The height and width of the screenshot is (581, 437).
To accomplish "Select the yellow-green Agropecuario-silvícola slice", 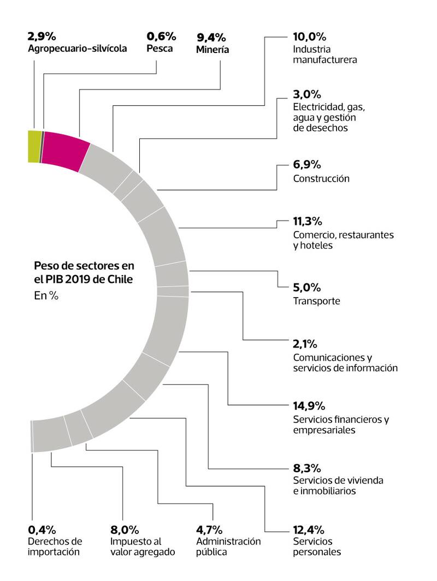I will click(x=34, y=146).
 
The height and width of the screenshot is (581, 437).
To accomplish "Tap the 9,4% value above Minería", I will click(x=211, y=38).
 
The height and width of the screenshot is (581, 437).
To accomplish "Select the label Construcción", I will click(x=321, y=179).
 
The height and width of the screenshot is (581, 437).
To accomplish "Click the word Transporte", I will click(x=317, y=301).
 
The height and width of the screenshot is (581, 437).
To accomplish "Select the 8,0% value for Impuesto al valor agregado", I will click(x=125, y=529).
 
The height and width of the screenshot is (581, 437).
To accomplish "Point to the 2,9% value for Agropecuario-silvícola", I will click(x=42, y=37).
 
